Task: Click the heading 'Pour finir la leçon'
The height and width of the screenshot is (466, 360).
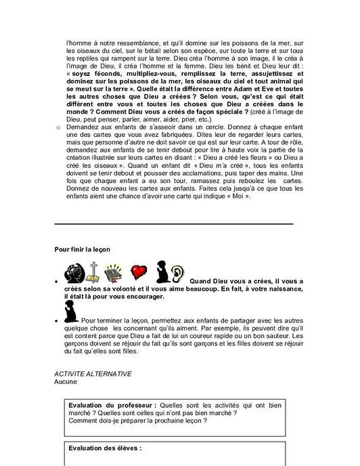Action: pos(83,249)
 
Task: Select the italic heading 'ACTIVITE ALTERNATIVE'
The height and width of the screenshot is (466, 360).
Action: pos(93,374)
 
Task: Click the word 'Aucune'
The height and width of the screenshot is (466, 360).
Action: pos(66,382)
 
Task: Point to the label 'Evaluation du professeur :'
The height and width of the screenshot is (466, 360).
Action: pos(112,404)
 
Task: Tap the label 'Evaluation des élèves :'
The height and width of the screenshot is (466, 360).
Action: pos(105,448)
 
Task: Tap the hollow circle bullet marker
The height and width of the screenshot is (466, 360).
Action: pos(58,127)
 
